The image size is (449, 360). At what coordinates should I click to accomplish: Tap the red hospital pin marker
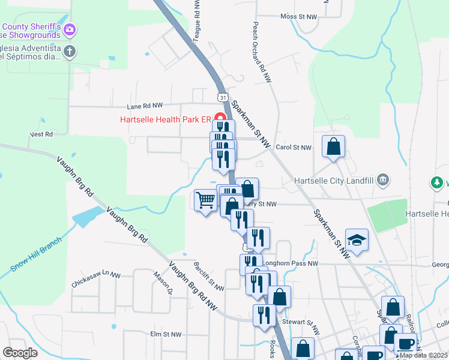(220, 118)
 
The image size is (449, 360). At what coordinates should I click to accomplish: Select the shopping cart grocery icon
(206, 200)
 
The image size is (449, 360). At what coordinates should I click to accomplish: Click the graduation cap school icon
(357, 240)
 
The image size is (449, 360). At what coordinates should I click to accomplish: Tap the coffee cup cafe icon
(405, 343)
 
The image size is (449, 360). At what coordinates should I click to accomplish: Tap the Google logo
(20, 353)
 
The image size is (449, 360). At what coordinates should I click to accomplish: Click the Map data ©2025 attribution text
(423, 355)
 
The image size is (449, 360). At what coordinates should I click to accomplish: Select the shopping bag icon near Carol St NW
(333, 147)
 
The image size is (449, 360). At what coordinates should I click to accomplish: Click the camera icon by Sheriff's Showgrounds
(70, 29)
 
